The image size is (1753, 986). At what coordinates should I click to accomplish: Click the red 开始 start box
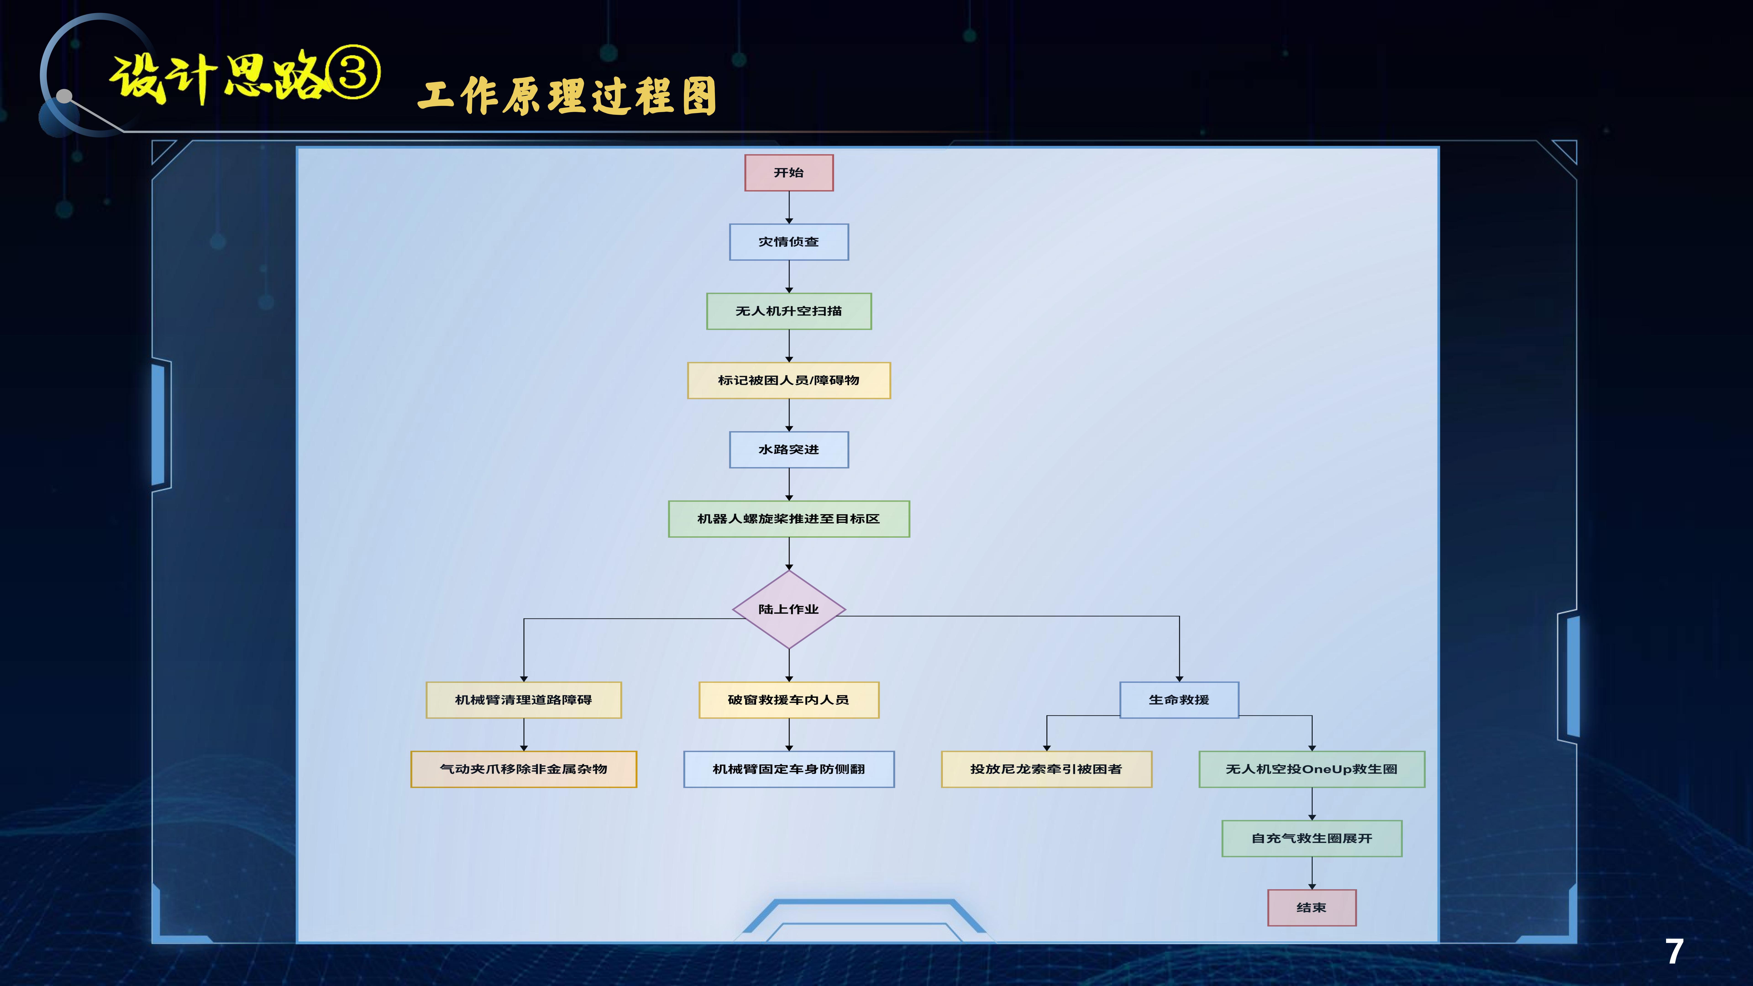[789, 173]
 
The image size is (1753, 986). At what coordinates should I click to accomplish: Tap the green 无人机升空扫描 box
[789, 311]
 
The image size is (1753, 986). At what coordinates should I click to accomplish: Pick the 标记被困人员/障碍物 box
[789, 380]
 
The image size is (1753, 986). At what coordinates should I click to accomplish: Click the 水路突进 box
[789, 450]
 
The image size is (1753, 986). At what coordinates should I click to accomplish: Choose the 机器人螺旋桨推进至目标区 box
[789, 519]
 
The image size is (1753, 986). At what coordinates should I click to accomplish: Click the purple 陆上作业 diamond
[789, 609]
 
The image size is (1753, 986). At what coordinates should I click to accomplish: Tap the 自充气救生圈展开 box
[1311, 838]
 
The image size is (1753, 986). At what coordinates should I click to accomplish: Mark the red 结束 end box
[1311, 908]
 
